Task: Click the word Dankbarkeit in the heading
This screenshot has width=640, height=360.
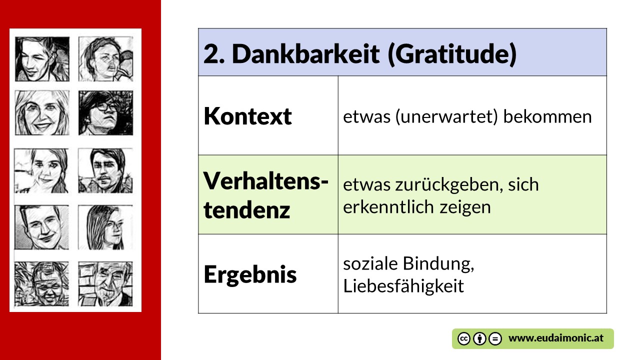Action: click(x=305, y=53)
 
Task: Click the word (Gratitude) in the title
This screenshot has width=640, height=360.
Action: click(x=452, y=54)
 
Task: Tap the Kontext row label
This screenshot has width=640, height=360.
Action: click(x=247, y=116)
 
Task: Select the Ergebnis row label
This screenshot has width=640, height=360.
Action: click(x=250, y=275)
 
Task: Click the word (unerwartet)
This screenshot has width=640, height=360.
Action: click(x=447, y=117)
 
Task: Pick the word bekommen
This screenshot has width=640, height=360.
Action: click(x=547, y=116)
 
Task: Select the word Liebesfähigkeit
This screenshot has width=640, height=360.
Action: click(x=403, y=286)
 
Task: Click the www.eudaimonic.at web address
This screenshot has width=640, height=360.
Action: click(x=556, y=338)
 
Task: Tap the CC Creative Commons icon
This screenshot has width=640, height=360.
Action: click(x=463, y=339)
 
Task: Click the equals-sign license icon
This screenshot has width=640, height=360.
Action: click(x=495, y=339)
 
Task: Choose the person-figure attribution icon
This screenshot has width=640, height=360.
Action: click(x=479, y=339)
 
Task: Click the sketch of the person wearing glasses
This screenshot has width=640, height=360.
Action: click(x=105, y=113)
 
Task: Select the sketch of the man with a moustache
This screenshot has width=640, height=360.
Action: click(x=105, y=170)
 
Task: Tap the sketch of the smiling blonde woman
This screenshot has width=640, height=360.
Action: click(x=42, y=113)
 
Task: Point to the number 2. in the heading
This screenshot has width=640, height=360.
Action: click(x=214, y=54)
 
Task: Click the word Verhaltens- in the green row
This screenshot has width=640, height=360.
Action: click(x=265, y=181)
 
